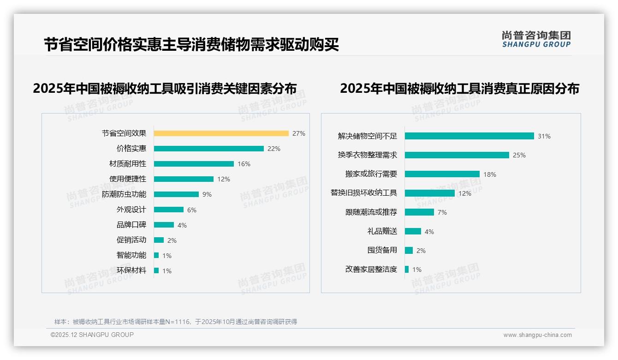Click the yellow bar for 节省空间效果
click(x=221, y=133)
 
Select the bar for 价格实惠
click(x=208, y=149)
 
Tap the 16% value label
click(x=244, y=164)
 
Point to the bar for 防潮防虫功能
click(x=176, y=194)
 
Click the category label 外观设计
click(x=131, y=210)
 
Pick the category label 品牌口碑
click(x=131, y=225)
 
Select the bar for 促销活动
click(x=159, y=240)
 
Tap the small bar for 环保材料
click(x=156, y=270)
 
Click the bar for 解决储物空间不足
click(x=469, y=136)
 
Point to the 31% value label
click(x=544, y=136)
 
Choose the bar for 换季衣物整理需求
click(x=457, y=155)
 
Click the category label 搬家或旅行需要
click(x=371, y=174)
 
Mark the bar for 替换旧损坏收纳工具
click(x=429, y=193)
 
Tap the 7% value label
click(x=442, y=212)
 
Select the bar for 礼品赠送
click(x=413, y=231)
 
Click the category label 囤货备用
click(x=382, y=250)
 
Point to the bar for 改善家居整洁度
click(x=407, y=269)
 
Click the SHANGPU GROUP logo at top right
click(x=536, y=39)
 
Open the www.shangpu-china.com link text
click(x=537, y=335)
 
